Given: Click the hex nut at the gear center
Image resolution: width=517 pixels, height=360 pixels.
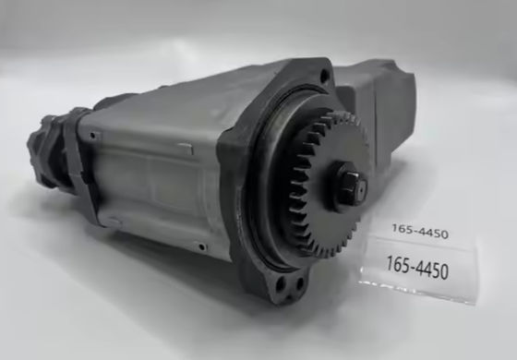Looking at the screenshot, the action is pos(351,186).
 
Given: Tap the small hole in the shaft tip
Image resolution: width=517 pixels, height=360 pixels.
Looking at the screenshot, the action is pos(361,190).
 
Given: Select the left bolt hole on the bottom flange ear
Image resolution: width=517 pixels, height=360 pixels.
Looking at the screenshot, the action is pos(281,283).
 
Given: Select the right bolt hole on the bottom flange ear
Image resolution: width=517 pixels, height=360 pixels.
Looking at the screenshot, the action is pos(299,283).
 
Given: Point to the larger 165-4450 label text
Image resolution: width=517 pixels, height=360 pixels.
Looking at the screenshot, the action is pos(417,268).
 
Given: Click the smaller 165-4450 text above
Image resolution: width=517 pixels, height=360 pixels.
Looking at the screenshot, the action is pos(420,231).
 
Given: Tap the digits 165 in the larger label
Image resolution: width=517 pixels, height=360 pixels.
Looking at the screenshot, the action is pos(398,264).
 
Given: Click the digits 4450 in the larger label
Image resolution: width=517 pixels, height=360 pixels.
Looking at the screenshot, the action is pos(432,270).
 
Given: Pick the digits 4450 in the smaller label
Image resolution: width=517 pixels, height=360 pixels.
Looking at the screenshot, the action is pos(432,233).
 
